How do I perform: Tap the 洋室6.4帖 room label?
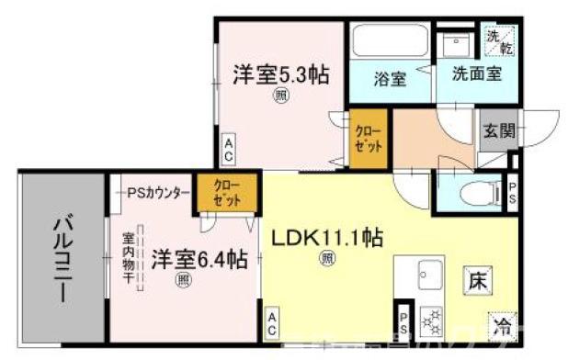(199, 259)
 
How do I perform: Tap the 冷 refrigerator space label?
(503, 324)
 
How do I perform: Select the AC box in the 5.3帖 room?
(229, 147)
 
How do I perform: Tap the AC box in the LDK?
(273, 322)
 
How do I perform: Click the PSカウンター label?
(157, 193)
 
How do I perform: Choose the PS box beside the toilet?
(513, 196)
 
